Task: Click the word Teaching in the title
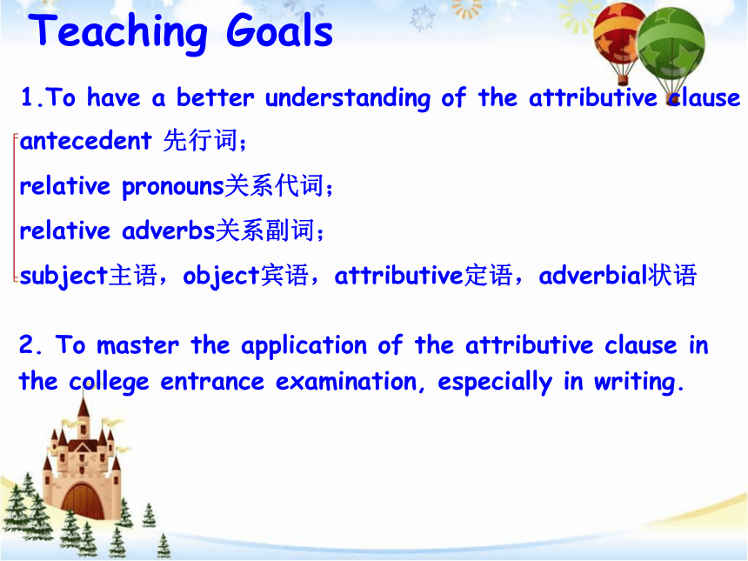click(117, 32)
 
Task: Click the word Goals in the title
click(279, 30)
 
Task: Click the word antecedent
click(86, 140)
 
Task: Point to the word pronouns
click(173, 186)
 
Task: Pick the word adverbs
click(169, 230)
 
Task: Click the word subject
click(63, 276)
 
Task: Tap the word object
click(221, 276)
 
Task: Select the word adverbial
click(593, 275)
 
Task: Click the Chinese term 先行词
click(200, 140)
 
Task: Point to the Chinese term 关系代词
click(274, 185)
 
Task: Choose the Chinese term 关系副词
click(264, 230)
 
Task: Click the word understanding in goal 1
click(348, 98)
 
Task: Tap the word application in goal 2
click(304, 346)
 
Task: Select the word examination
click(346, 381)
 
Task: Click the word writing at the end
click(634, 382)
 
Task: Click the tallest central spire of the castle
click(83, 411)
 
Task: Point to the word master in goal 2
click(138, 345)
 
